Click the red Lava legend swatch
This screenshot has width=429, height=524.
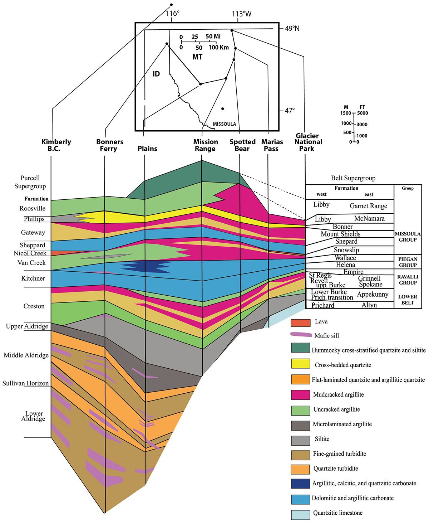(x=300, y=322)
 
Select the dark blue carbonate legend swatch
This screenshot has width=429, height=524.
(x=300, y=483)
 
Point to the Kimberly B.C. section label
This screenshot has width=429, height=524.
(x=56, y=145)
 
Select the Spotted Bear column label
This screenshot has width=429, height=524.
(x=242, y=145)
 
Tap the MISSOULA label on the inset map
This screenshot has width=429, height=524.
(x=224, y=124)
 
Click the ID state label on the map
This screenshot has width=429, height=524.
(x=156, y=74)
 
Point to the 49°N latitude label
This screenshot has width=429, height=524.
(x=292, y=29)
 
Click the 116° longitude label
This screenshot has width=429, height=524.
(x=173, y=14)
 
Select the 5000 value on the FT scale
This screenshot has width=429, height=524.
(x=363, y=113)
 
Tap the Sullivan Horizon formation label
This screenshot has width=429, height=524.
(x=25, y=383)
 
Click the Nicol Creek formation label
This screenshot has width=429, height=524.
(x=30, y=253)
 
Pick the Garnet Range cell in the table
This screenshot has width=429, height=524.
(x=368, y=206)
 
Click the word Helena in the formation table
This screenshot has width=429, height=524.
(x=345, y=265)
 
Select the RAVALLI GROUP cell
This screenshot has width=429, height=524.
(x=408, y=280)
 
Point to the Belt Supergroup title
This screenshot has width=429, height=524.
(x=353, y=178)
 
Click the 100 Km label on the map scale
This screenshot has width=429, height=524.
(x=218, y=48)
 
